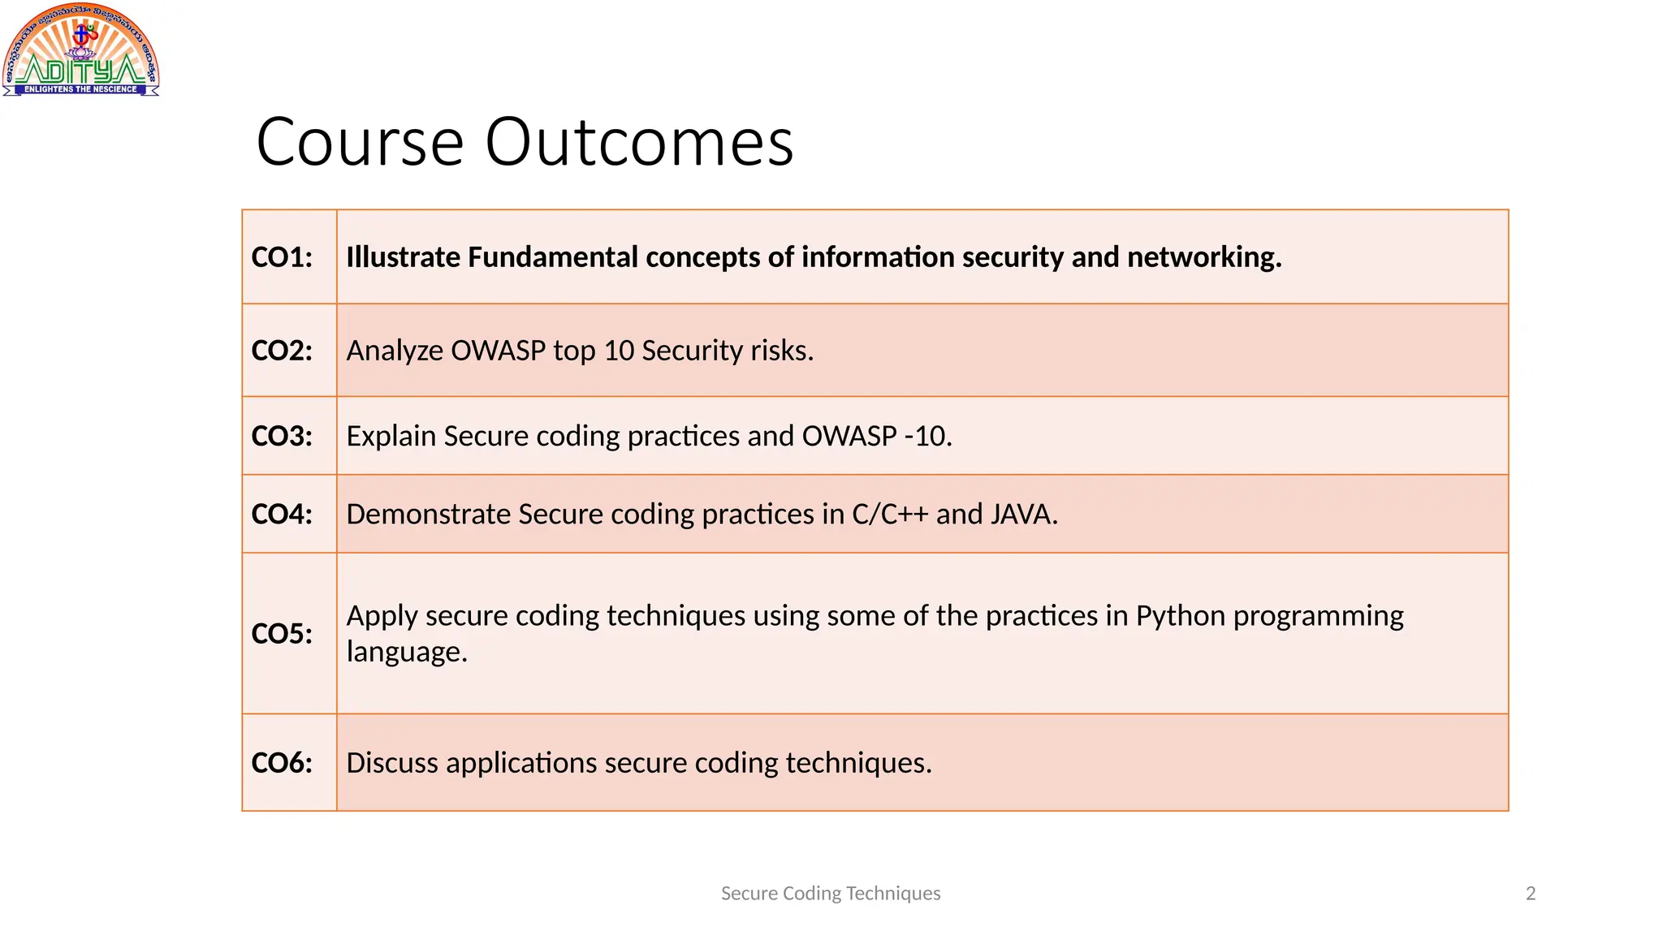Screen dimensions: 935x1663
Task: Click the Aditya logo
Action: (x=80, y=50)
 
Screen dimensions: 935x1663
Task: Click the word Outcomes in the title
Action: (x=639, y=142)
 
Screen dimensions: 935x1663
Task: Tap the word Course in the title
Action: (x=360, y=142)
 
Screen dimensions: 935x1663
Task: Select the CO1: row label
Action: (x=282, y=257)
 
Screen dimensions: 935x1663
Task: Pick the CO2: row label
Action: (x=282, y=351)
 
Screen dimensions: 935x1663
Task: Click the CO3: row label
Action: (x=282, y=436)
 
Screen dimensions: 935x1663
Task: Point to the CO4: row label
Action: (x=282, y=514)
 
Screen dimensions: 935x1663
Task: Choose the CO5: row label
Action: (x=282, y=633)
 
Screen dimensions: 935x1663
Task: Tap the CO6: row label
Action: (x=282, y=763)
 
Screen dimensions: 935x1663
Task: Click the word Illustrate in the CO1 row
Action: (x=404, y=257)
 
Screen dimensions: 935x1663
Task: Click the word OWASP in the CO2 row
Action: (x=498, y=351)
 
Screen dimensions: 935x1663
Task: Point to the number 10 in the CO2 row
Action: (x=619, y=351)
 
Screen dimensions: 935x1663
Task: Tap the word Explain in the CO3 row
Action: (x=391, y=436)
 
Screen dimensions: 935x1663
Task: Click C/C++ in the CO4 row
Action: (x=890, y=514)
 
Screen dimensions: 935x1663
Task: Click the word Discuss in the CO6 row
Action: (x=392, y=763)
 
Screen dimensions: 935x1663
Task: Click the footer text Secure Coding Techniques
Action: (x=831, y=894)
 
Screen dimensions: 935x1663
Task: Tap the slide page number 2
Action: (x=1531, y=894)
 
